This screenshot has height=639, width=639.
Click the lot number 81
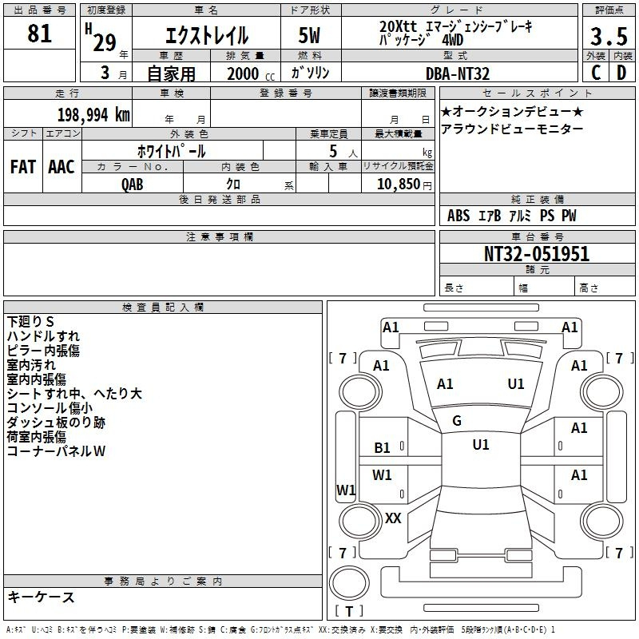tap(40, 34)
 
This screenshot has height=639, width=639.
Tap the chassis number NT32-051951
tap(537, 254)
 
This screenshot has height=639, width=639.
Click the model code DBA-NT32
tap(458, 73)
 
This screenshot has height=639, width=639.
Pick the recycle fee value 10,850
tap(396, 184)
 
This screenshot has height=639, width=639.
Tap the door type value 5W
tap(311, 36)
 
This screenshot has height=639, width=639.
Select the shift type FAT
tap(23, 167)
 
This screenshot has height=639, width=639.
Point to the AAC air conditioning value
tap(62, 167)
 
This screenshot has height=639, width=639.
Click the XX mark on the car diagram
tap(393, 518)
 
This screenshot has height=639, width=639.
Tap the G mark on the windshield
tap(457, 421)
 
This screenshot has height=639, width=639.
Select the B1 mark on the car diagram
tap(383, 448)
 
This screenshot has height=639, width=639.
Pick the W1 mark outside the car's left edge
tap(346, 490)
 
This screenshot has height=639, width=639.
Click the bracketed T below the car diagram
tap(349, 612)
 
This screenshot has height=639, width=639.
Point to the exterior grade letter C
tap(596, 73)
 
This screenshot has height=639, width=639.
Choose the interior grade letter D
tap(621, 73)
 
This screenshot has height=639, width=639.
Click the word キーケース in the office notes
tap(41, 597)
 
